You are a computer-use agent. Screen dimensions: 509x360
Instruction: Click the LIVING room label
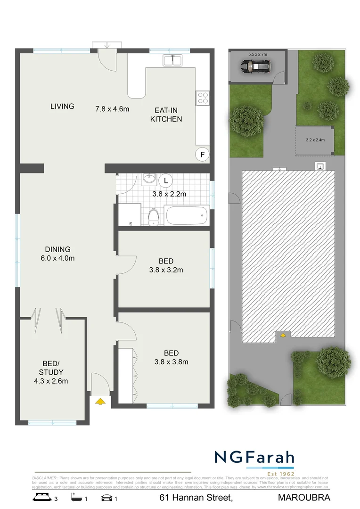coord(62,106)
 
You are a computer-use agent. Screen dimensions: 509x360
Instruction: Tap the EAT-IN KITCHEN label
coord(166,115)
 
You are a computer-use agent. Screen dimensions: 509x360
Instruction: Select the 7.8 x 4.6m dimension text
coord(112,109)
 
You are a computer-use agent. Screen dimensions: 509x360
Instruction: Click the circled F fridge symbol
coord(202,155)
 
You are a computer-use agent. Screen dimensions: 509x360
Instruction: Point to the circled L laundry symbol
coord(165,180)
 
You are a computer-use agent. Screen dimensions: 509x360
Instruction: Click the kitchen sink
coord(173,60)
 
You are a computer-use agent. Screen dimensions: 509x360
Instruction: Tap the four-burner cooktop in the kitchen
coord(203,98)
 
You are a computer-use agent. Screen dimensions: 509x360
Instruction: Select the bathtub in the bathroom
coord(187,215)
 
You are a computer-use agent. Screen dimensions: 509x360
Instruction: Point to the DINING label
coord(57,249)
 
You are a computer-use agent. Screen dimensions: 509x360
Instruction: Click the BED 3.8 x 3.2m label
coord(166,265)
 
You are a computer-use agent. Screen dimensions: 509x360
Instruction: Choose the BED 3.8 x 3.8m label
coord(171,357)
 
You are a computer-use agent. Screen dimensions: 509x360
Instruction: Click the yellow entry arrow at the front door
coord(100,402)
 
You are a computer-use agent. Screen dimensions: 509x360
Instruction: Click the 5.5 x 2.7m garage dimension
coord(257,55)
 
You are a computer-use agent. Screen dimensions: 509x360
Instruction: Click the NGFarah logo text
coord(254,457)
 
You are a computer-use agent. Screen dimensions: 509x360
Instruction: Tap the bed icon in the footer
coord(41,497)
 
